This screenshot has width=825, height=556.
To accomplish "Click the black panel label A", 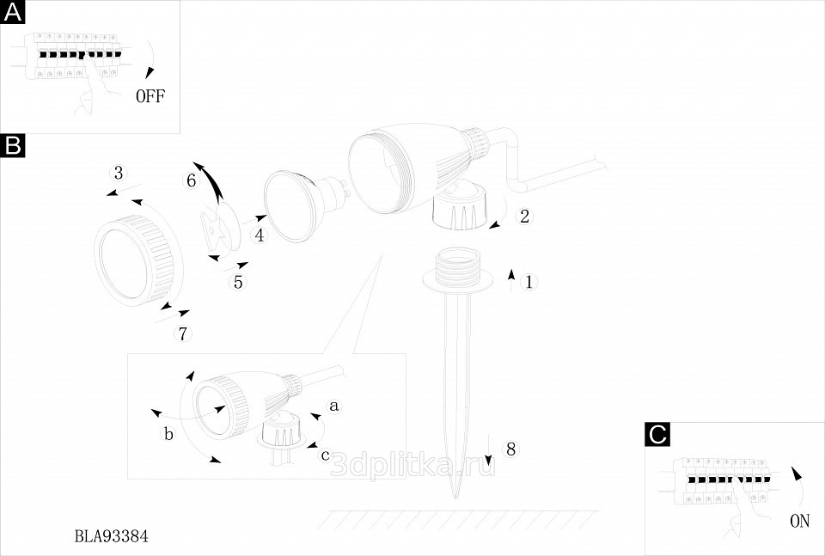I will [13, 13].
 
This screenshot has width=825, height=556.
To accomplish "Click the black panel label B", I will [13, 146].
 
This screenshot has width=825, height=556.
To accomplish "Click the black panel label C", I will [657, 435].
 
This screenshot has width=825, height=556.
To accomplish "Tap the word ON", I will [798, 520].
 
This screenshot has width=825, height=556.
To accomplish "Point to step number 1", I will [529, 281].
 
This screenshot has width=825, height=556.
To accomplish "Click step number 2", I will [524, 216].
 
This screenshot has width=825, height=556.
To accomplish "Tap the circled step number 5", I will [238, 281].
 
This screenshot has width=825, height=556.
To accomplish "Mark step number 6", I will [192, 180].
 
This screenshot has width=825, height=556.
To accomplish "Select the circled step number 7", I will [182, 333].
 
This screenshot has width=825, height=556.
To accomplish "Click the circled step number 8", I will [510, 448].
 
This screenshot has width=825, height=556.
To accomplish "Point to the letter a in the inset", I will [335, 403].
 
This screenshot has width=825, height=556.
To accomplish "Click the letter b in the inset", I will [168, 434].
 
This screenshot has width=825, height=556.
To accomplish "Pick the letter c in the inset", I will [325, 455].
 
